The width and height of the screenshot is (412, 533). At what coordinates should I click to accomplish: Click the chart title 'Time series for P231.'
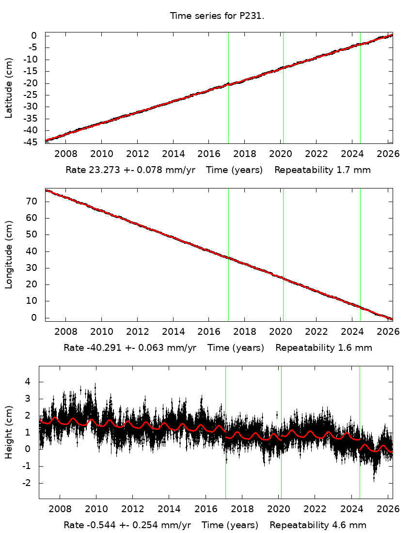click(217, 16)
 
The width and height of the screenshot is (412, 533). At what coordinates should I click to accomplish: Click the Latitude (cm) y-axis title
click(9, 88)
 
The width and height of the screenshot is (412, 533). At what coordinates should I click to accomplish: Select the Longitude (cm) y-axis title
click(9, 254)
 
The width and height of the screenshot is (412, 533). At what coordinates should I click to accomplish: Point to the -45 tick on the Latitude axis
click(31, 142)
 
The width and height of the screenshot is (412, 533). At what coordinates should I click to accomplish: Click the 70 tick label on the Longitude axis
click(34, 201)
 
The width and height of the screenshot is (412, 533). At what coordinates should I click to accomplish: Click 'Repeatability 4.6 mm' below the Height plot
click(318, 525)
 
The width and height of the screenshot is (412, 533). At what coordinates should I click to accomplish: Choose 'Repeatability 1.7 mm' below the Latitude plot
click(323, 171)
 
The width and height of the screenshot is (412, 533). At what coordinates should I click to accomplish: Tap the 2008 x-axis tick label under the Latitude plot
click(65, 154)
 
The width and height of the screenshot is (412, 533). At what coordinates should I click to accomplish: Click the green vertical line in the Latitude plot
click(283, 87)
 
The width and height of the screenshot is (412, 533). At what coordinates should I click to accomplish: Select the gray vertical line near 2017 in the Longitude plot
click(228, 254)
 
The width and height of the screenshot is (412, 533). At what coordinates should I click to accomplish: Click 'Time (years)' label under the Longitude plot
click(236, 347)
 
